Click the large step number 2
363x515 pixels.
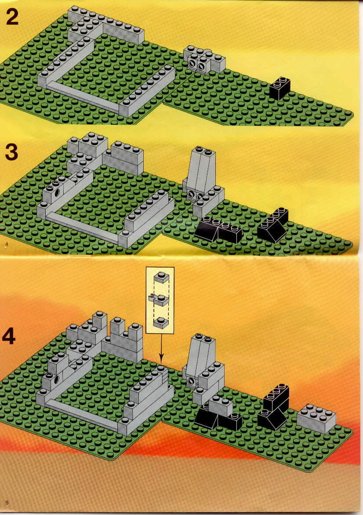click(x=12, y=18)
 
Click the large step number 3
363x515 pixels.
click(x=11, y=153)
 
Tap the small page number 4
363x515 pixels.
click(x=6, y=244)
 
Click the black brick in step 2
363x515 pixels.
click(x=280, y=88)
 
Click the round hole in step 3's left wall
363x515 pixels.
click(x=58, y=192)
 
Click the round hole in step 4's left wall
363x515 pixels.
click(x=56, y=380)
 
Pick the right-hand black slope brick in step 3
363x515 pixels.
click(x=273, y=225)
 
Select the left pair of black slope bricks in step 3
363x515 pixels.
click(x=218, y=231)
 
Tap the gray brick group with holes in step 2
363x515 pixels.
click(x=204, y=59)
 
